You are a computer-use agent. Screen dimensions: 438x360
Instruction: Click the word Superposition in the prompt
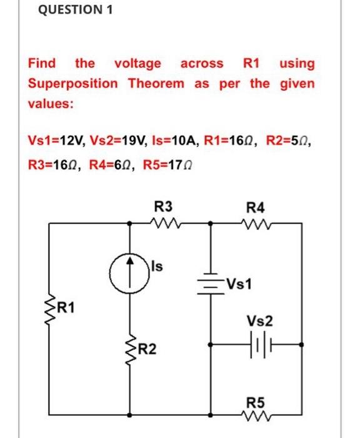coord(72,83)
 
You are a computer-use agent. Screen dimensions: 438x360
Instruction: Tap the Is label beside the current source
coord(157,267)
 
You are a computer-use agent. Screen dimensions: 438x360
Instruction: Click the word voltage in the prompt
coord(137,63)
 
